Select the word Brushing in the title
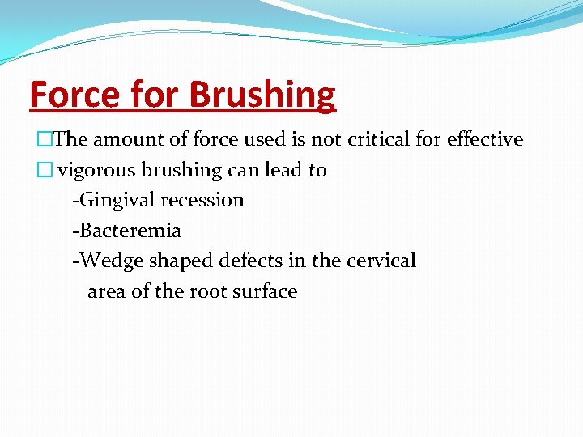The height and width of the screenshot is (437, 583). tap(262, 95)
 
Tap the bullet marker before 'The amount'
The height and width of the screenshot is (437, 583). tap(36, 140)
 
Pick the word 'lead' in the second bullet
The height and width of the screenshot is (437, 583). tap(283, 170)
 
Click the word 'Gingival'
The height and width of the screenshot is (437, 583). tap(113, 201)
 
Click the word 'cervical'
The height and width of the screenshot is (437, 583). tap(381, 261)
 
